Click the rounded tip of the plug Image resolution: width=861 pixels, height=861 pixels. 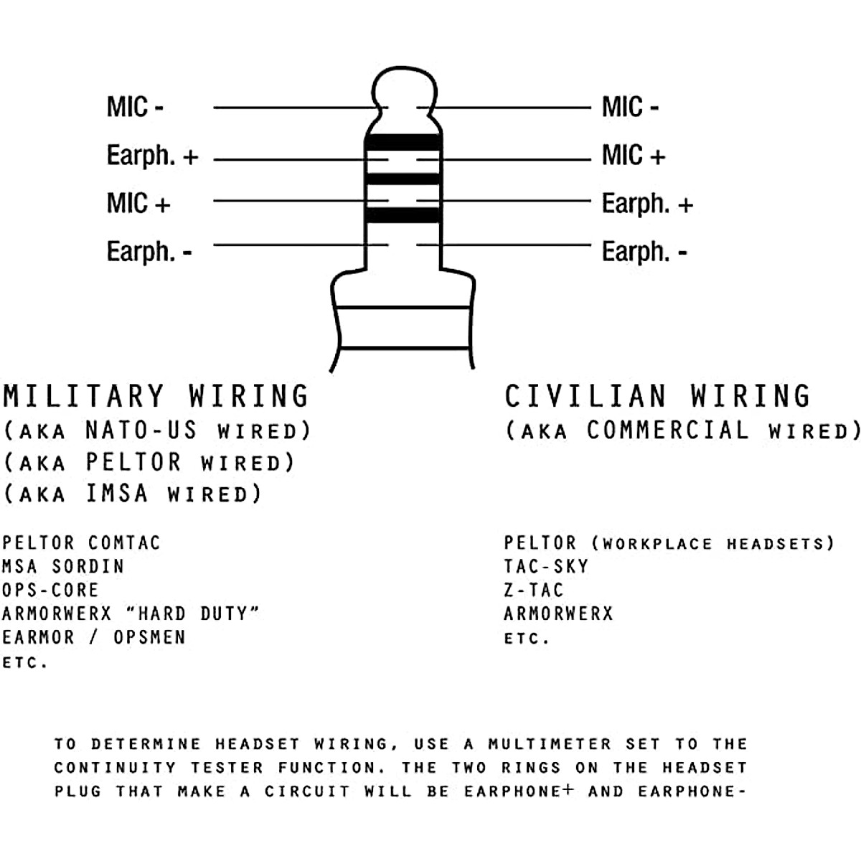(x=404, y=87)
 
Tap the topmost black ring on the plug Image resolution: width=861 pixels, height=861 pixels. (x=403, y=142)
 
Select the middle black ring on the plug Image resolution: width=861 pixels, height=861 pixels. (x=403, y=179)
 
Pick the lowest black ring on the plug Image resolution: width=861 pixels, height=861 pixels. (x=403, y=215)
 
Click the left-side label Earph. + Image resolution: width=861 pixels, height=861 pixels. (x=152, y=156)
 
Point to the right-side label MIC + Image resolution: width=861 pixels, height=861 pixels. (x=634, y=155)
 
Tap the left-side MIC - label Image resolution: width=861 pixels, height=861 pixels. (x=135, y=108)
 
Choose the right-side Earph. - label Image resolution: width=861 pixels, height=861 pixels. (x=644, y=252)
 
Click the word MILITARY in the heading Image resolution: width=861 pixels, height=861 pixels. (x=84, y=396)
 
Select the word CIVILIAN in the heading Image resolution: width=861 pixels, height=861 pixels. (x=585, y=396)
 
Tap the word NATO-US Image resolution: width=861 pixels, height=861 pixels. (x=141, y=430)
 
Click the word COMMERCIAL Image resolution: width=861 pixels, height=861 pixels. (x=667, y=430)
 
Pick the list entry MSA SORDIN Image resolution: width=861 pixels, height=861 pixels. (x=63, y=566)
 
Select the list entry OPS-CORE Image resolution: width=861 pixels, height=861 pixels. (x=50, y=590)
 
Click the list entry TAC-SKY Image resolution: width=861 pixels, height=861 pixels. (x=546, y=566)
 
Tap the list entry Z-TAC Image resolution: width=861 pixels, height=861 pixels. (x=534, y=590)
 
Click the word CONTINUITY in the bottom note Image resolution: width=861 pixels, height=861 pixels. (x=115, y=768)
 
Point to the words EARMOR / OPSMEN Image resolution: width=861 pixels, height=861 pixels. (x=93, y=637)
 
